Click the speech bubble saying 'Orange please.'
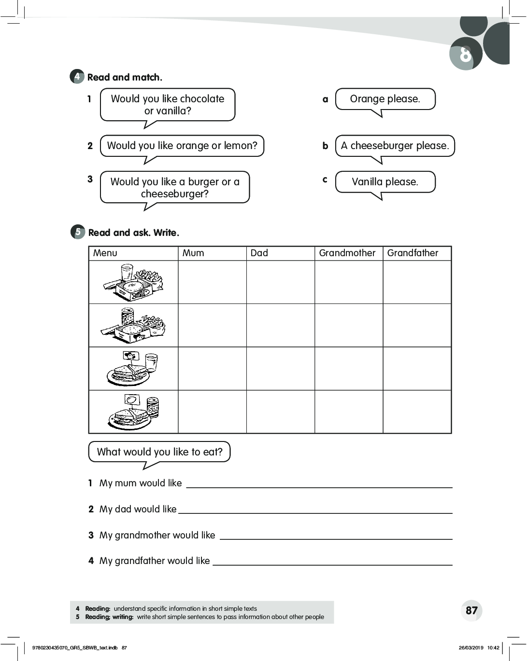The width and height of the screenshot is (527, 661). [385, 99]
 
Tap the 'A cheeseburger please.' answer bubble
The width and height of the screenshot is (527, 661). [395, 146]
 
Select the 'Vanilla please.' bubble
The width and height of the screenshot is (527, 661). [385, 182]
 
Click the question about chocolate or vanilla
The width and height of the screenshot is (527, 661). [167, 104]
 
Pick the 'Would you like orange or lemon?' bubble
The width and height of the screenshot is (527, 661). [182, 146]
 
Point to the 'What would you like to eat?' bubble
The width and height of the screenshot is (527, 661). [159, 452]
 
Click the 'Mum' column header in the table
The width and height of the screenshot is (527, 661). [193, 253]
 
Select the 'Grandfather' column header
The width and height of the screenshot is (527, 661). [413, 253]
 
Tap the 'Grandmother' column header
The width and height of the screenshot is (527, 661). [347, 253]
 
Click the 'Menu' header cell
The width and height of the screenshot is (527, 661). [105, 253]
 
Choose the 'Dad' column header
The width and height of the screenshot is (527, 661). [259, 253]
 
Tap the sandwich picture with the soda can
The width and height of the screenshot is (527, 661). [133, 412]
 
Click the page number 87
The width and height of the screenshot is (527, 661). [471, 610]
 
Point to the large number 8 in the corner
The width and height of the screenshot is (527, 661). [465, 55]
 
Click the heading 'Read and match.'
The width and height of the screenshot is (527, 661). [125, 77]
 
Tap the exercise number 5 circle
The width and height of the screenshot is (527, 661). [78, 232]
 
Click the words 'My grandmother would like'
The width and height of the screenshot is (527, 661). [157, 535]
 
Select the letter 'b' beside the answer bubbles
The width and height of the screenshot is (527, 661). [325, 146]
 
